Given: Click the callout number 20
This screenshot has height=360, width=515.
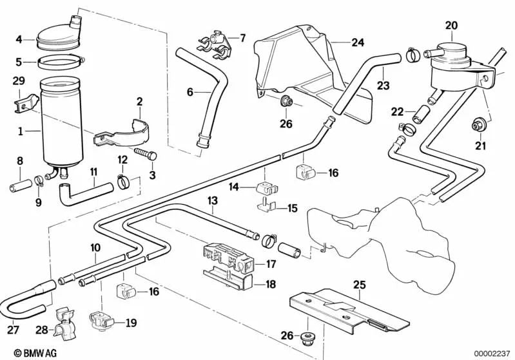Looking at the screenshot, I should [x=451, y=25].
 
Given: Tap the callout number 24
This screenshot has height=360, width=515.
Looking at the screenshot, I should [x=358, y=43].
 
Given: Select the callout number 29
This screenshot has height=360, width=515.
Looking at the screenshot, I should [x=19, y=80].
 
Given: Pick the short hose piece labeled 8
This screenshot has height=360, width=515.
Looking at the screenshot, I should [x=19, y=189].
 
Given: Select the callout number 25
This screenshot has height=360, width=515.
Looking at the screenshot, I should [x=358, y=284].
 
